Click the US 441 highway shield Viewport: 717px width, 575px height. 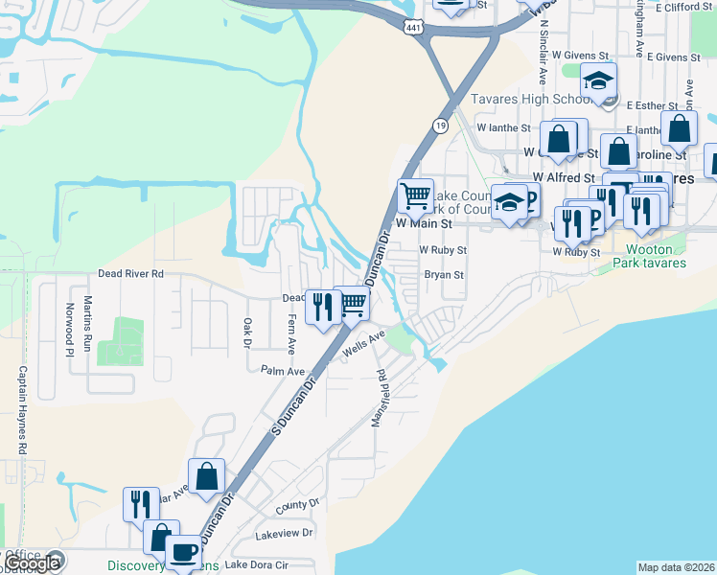point(413,29)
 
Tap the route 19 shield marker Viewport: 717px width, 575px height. point(439,126)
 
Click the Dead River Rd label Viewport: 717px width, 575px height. point(131,274)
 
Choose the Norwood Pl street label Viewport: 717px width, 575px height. point(69,329)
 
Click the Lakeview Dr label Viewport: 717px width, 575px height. point(284,532)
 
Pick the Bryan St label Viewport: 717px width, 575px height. point(444,275)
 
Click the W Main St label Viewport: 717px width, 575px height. point(422,222)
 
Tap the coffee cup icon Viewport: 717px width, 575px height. point(183,553)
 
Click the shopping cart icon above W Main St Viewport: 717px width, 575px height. point(415,196)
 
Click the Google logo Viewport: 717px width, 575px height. point(33,563)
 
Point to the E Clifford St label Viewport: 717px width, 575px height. point(686,7)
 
